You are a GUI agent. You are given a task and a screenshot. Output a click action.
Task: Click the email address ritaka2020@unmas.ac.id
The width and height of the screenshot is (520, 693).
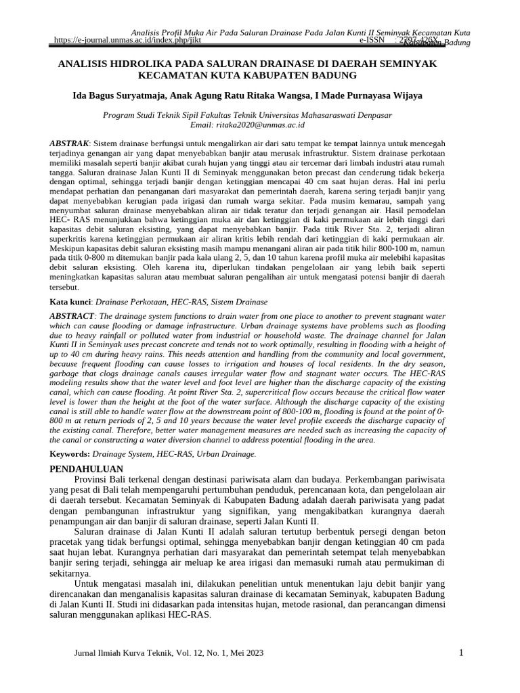(262, 125)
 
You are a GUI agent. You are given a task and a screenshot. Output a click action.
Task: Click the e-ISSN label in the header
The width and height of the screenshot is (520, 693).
(372, 40)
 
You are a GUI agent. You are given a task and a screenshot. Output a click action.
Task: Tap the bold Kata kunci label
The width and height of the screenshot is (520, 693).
(72, 301)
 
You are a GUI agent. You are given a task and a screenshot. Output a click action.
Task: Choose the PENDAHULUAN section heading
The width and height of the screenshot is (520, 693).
(87, 468)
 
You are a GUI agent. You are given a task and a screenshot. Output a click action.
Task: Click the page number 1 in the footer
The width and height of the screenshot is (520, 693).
(460, 652)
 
